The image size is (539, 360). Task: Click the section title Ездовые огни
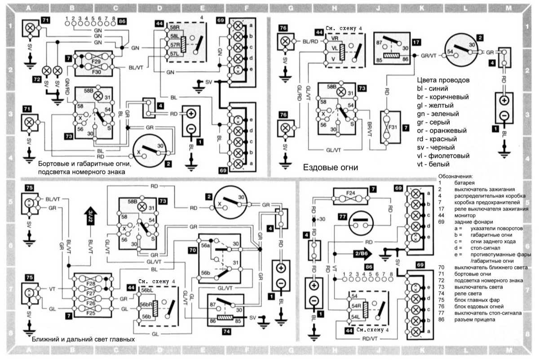pos(331,167)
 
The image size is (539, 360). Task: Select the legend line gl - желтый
pos(439,105)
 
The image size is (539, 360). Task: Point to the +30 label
pos(320,220)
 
